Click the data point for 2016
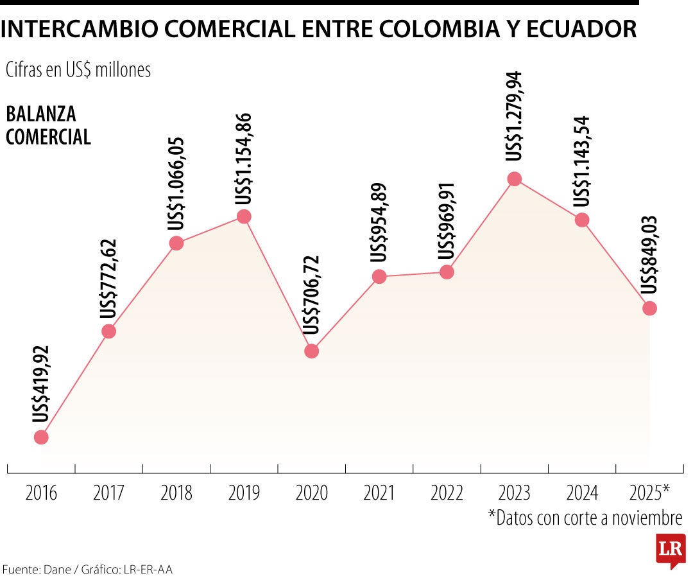[x=41, y=437]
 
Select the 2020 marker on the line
[x=311, y=351]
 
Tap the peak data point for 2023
[x=514, y=179]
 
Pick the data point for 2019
[x=244, y=216]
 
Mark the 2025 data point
[x=649, y=308]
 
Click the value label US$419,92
[x=42, y=384]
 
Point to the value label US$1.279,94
[x=515, y=116]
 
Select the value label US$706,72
[x=312, y=295]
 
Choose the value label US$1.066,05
[x=176, y=184]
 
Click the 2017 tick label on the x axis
[x=109, y=493]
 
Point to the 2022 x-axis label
[x=447, y=493]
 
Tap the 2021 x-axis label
[x=379, y=493]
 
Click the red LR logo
[x=670, y=550]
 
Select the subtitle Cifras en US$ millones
[x=78, y=70]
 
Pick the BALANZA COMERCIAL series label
[x=48, y=125]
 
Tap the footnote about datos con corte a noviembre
[x=585, y=518]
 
